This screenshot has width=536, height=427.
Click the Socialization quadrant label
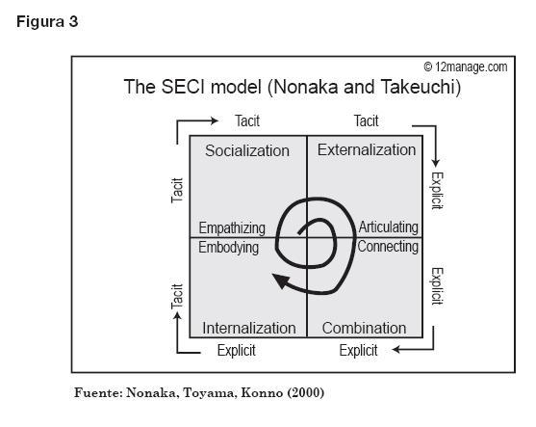[247, 150]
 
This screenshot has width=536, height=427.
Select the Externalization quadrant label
[367, 149]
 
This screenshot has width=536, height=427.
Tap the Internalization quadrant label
[249, 328]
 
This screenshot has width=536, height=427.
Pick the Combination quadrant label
[364, 328]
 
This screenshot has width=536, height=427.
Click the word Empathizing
[232, 228]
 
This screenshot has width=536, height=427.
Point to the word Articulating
[389, 227]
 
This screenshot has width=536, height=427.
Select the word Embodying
[228, 247]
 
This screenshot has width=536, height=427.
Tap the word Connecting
[388, 247]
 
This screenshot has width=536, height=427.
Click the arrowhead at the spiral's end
[281, 280]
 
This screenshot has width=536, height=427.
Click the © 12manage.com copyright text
[466, 67]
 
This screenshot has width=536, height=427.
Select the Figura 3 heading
[47, 22]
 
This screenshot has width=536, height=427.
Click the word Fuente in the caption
[96, 392]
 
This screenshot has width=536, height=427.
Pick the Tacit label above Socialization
[247, 120]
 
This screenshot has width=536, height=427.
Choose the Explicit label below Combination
[358, 351]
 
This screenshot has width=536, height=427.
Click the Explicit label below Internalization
[236, 351]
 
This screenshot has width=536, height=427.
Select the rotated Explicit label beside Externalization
[437, 191]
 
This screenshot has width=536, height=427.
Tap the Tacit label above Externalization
[366, 120]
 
